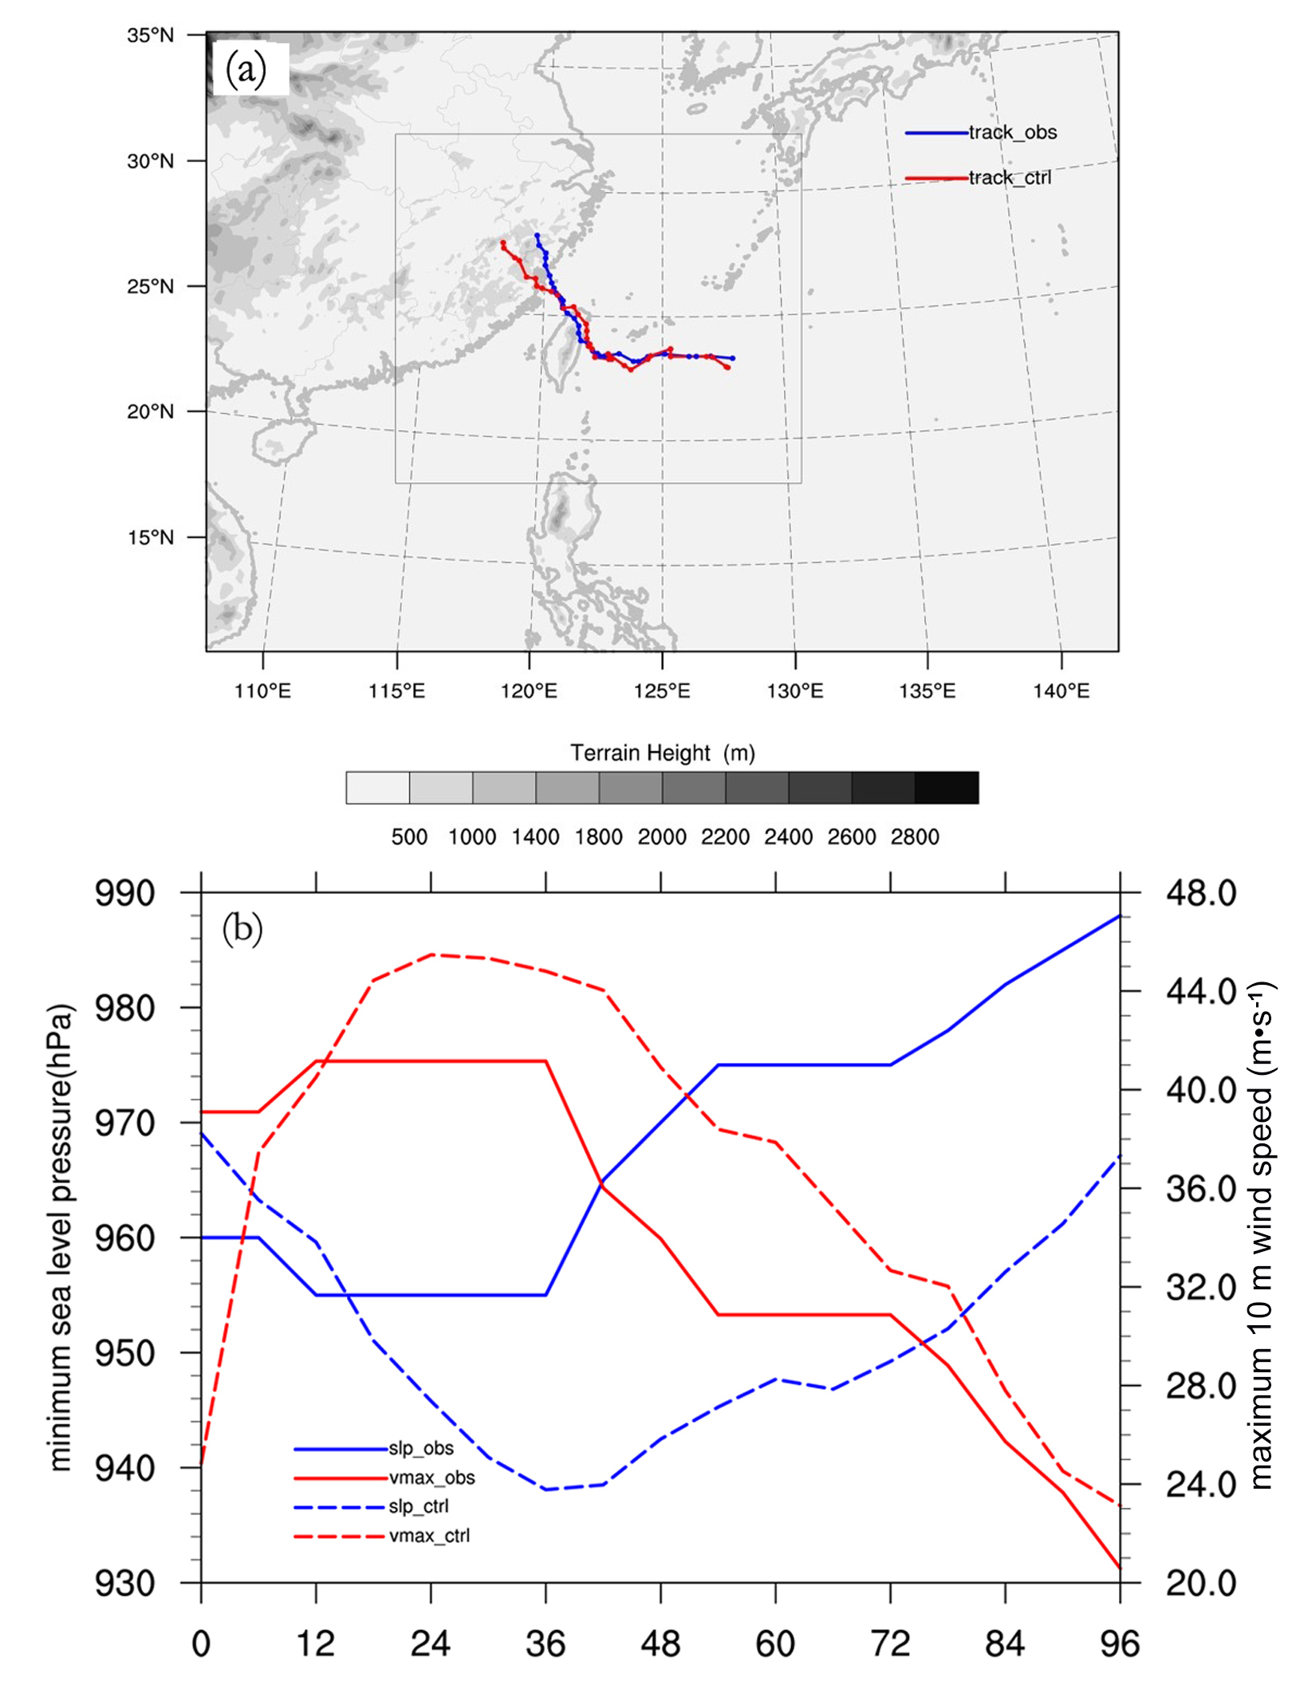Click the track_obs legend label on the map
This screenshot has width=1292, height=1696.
(1012, 132)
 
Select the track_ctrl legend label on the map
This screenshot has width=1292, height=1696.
(1010, 178)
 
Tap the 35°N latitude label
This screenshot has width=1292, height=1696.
(150, 35)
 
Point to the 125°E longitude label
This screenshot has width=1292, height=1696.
(662, 691)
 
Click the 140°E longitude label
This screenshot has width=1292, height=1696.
(1061, 691)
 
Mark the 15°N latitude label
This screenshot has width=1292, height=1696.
(150, 537)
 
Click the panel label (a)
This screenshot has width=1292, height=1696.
(246, 70)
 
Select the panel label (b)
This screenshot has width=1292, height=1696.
(242, 929)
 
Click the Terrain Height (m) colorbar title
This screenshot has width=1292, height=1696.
(662, 753)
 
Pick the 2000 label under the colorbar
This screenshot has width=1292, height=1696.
(662, 836)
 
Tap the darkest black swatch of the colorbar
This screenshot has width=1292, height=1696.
(947, 788)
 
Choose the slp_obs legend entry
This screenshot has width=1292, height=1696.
(421, 1448)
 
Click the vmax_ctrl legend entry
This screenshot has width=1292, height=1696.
(429, 1536)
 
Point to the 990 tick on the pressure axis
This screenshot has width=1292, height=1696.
(125, 893)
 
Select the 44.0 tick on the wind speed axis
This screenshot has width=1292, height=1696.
(1201, 992)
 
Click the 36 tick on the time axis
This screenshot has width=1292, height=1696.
(546, 1644)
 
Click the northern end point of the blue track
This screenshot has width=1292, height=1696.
(537, 235)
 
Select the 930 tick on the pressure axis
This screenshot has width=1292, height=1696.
(125, 1584)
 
